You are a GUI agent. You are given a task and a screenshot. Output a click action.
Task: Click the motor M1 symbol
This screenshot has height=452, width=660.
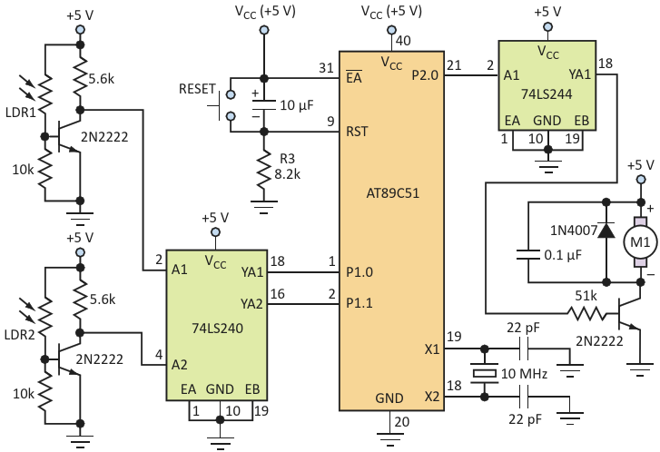(639, 243)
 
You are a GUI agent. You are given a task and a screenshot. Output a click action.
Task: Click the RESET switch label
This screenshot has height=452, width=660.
(199, 91)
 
